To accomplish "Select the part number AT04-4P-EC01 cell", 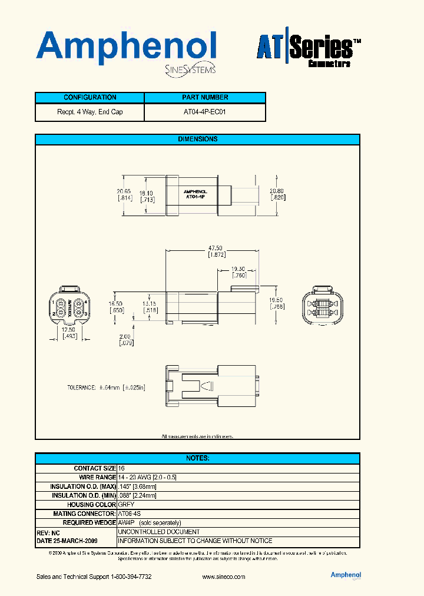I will pyautogui.click(x=204, y=112).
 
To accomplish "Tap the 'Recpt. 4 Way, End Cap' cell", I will pyautogui.click(x=90, y=112).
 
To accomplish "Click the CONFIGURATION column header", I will pyautogui.click(x=90, y=97).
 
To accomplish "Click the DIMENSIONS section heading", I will pyautogui.click(x=197, y=139).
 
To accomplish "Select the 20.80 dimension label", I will pyautogui.click(x=277, y=191).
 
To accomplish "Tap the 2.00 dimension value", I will pyautogui.click(x=124, y=336).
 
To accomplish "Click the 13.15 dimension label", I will pyautogui.click(x=150, y=304).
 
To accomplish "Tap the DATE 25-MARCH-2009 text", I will pyautogui.click(x=67, y=541).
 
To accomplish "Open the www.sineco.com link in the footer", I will pyautogui.click(x=223, y=577).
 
